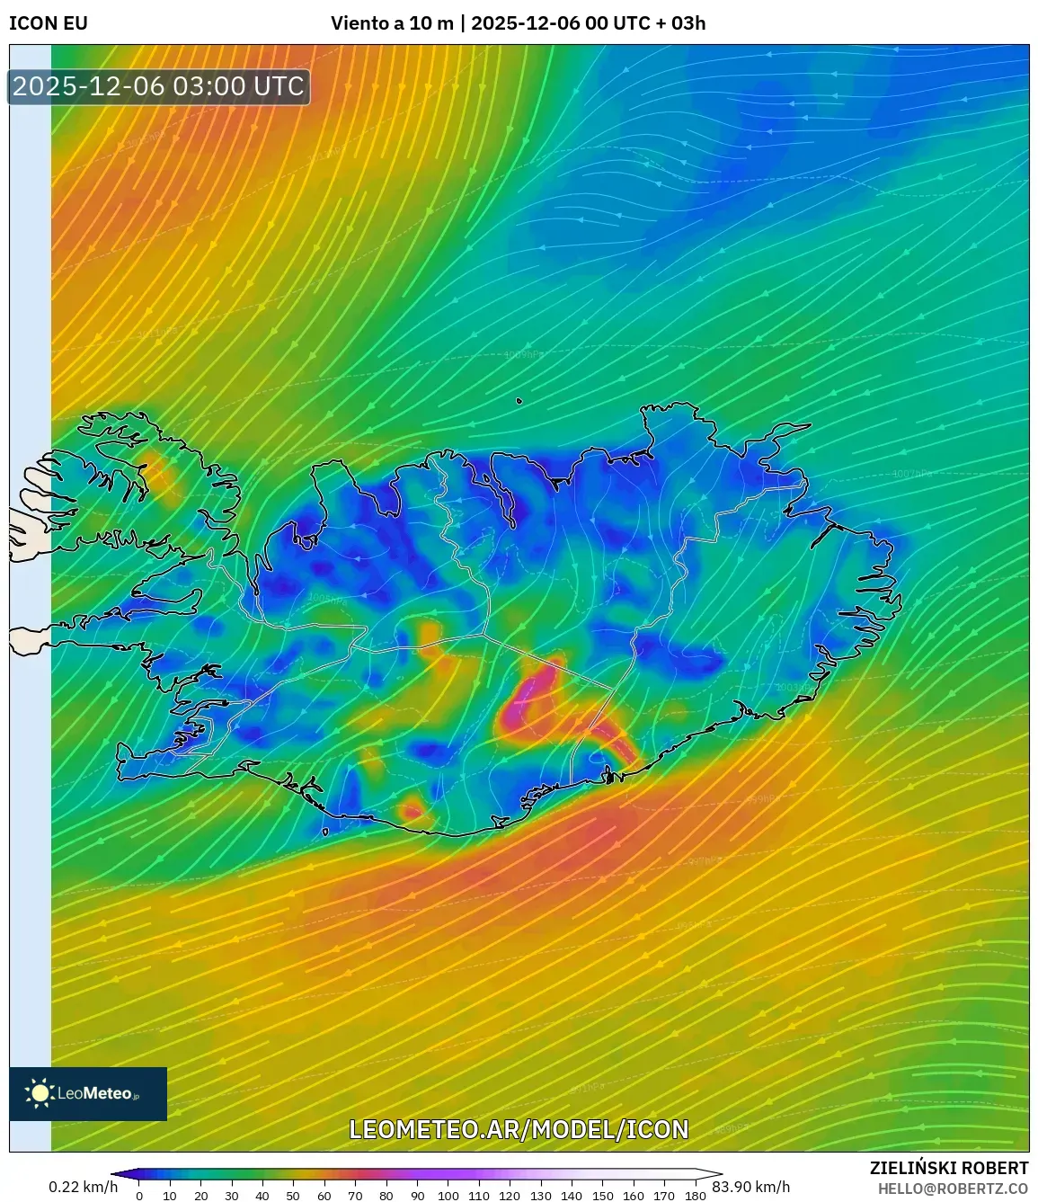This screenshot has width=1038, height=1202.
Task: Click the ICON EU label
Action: (x=49, y=23)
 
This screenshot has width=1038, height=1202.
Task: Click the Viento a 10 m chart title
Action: (x=392, y=23)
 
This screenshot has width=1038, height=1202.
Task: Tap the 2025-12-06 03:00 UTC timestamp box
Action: (x=158, y=86)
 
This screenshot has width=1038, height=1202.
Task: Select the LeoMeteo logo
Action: (x=88, y=1093)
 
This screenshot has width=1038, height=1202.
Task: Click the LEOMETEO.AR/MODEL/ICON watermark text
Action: (x=519, y=1129)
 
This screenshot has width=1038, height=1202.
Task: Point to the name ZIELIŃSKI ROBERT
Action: (x=948, y=1168)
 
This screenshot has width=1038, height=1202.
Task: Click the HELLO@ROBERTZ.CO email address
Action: (x=953, y=1189)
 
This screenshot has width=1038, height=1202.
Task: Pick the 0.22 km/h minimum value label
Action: (x=83, y=1187)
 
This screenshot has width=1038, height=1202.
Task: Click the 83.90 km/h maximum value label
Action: (x=750, y=1187)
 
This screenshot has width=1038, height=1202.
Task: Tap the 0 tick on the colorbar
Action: (x=139, y=1196)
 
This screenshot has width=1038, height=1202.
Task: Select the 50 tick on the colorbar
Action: (x=293, y=1196)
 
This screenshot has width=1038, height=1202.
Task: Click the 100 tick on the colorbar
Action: (x=448, y=1196)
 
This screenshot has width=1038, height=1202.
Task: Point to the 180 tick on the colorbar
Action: (x=695, y=1196)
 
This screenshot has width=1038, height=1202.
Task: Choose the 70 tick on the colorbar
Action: (x=355, y=1196)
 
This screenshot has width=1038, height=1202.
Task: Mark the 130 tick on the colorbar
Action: (x=540, y=1196)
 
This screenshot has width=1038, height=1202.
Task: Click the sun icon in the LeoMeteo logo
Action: (x=40, y=1093)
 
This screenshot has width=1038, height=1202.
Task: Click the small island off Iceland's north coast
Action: (x=519, y=402)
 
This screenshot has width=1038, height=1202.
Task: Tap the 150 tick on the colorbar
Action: (x=602, y=1196)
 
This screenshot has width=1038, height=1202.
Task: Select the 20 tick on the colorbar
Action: (x=200, y=1196)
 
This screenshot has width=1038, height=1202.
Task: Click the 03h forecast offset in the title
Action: (x=688, y=23)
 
